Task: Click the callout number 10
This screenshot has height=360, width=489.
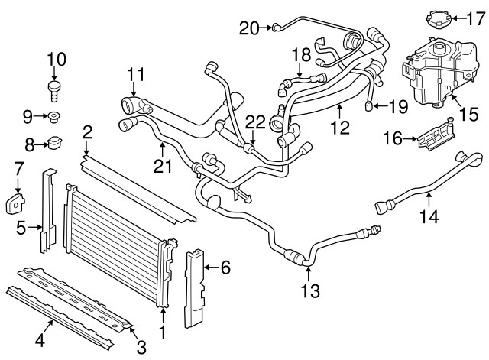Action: coord(57,58)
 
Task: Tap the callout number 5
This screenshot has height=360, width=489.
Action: coord(21,226)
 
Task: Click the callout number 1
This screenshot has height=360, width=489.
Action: coord(161,332)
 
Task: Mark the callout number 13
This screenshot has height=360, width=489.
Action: coord(310,290)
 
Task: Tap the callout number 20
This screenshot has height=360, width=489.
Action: coord(249,28)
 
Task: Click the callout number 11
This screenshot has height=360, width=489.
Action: coord(136,74)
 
